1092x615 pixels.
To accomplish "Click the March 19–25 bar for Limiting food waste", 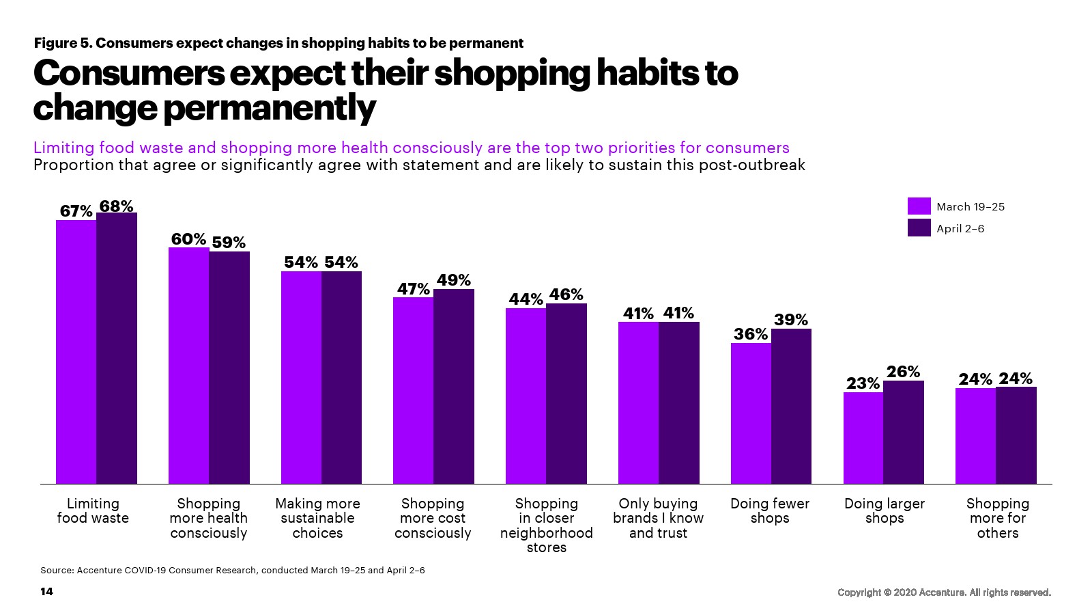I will [x=76, y=352].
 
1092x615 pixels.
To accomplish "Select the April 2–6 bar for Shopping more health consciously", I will [x=229, y=368].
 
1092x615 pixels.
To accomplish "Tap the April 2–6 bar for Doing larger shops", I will [x=904, y=432].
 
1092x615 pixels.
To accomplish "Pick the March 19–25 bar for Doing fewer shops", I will [x=751, y=413].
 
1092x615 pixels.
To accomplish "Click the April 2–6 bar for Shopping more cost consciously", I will [x=454, y=386].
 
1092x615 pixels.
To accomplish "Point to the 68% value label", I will [x=117, y=206].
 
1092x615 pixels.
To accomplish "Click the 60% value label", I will [x=188, y=239].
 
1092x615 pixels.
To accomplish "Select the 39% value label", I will [x=791, y=320].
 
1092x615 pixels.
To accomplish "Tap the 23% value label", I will [x=863, y=383].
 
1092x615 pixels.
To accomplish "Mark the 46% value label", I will [x=566, y=295].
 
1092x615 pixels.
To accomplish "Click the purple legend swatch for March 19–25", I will [x=919, y=206].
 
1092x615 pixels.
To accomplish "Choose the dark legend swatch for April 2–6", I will [x=919, y=228].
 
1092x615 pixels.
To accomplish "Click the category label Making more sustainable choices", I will [x=317, y=518].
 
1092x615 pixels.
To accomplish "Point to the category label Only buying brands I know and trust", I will [x=658, y=518].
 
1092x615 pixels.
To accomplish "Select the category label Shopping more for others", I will [x=997, y=518].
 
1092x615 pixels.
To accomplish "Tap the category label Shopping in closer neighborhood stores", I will [x=546, y=525].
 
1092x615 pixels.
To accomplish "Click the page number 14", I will [x=46, y=591].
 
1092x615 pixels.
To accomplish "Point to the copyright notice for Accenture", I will [x=944, y=592].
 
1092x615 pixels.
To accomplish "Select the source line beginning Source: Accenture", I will [x=233, y=570].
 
